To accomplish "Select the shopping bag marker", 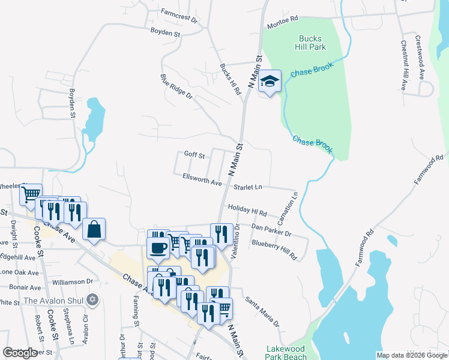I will click(x=94, y=230).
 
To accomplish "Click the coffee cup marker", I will click(x=158, y=248).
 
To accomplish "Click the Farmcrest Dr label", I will click(x=179, y=15).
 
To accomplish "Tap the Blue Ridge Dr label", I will click(x=176, y=86).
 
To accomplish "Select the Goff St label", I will click(x=194, y=155).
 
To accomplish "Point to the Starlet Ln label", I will click(x=249, y=187).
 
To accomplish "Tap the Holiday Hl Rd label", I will click(x=247, y=209).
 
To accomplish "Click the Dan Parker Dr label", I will click(x=271, y=230).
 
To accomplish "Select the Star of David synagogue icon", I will click(x=92, y=299).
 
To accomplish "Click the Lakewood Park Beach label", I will click(x=285, y=352).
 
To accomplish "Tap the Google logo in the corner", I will click(x=20, y=353).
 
